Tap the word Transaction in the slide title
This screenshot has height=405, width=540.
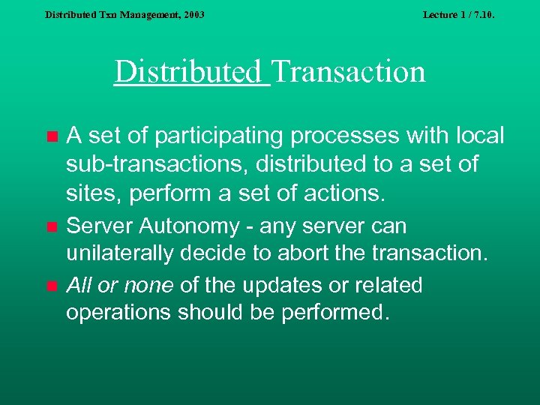coord(349,72)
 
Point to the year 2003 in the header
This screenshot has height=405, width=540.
coord(192,14)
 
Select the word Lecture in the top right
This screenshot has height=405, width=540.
coord(440,14)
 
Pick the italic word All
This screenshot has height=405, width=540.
coord(78,285)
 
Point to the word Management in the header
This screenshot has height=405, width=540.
coord(149,14)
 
